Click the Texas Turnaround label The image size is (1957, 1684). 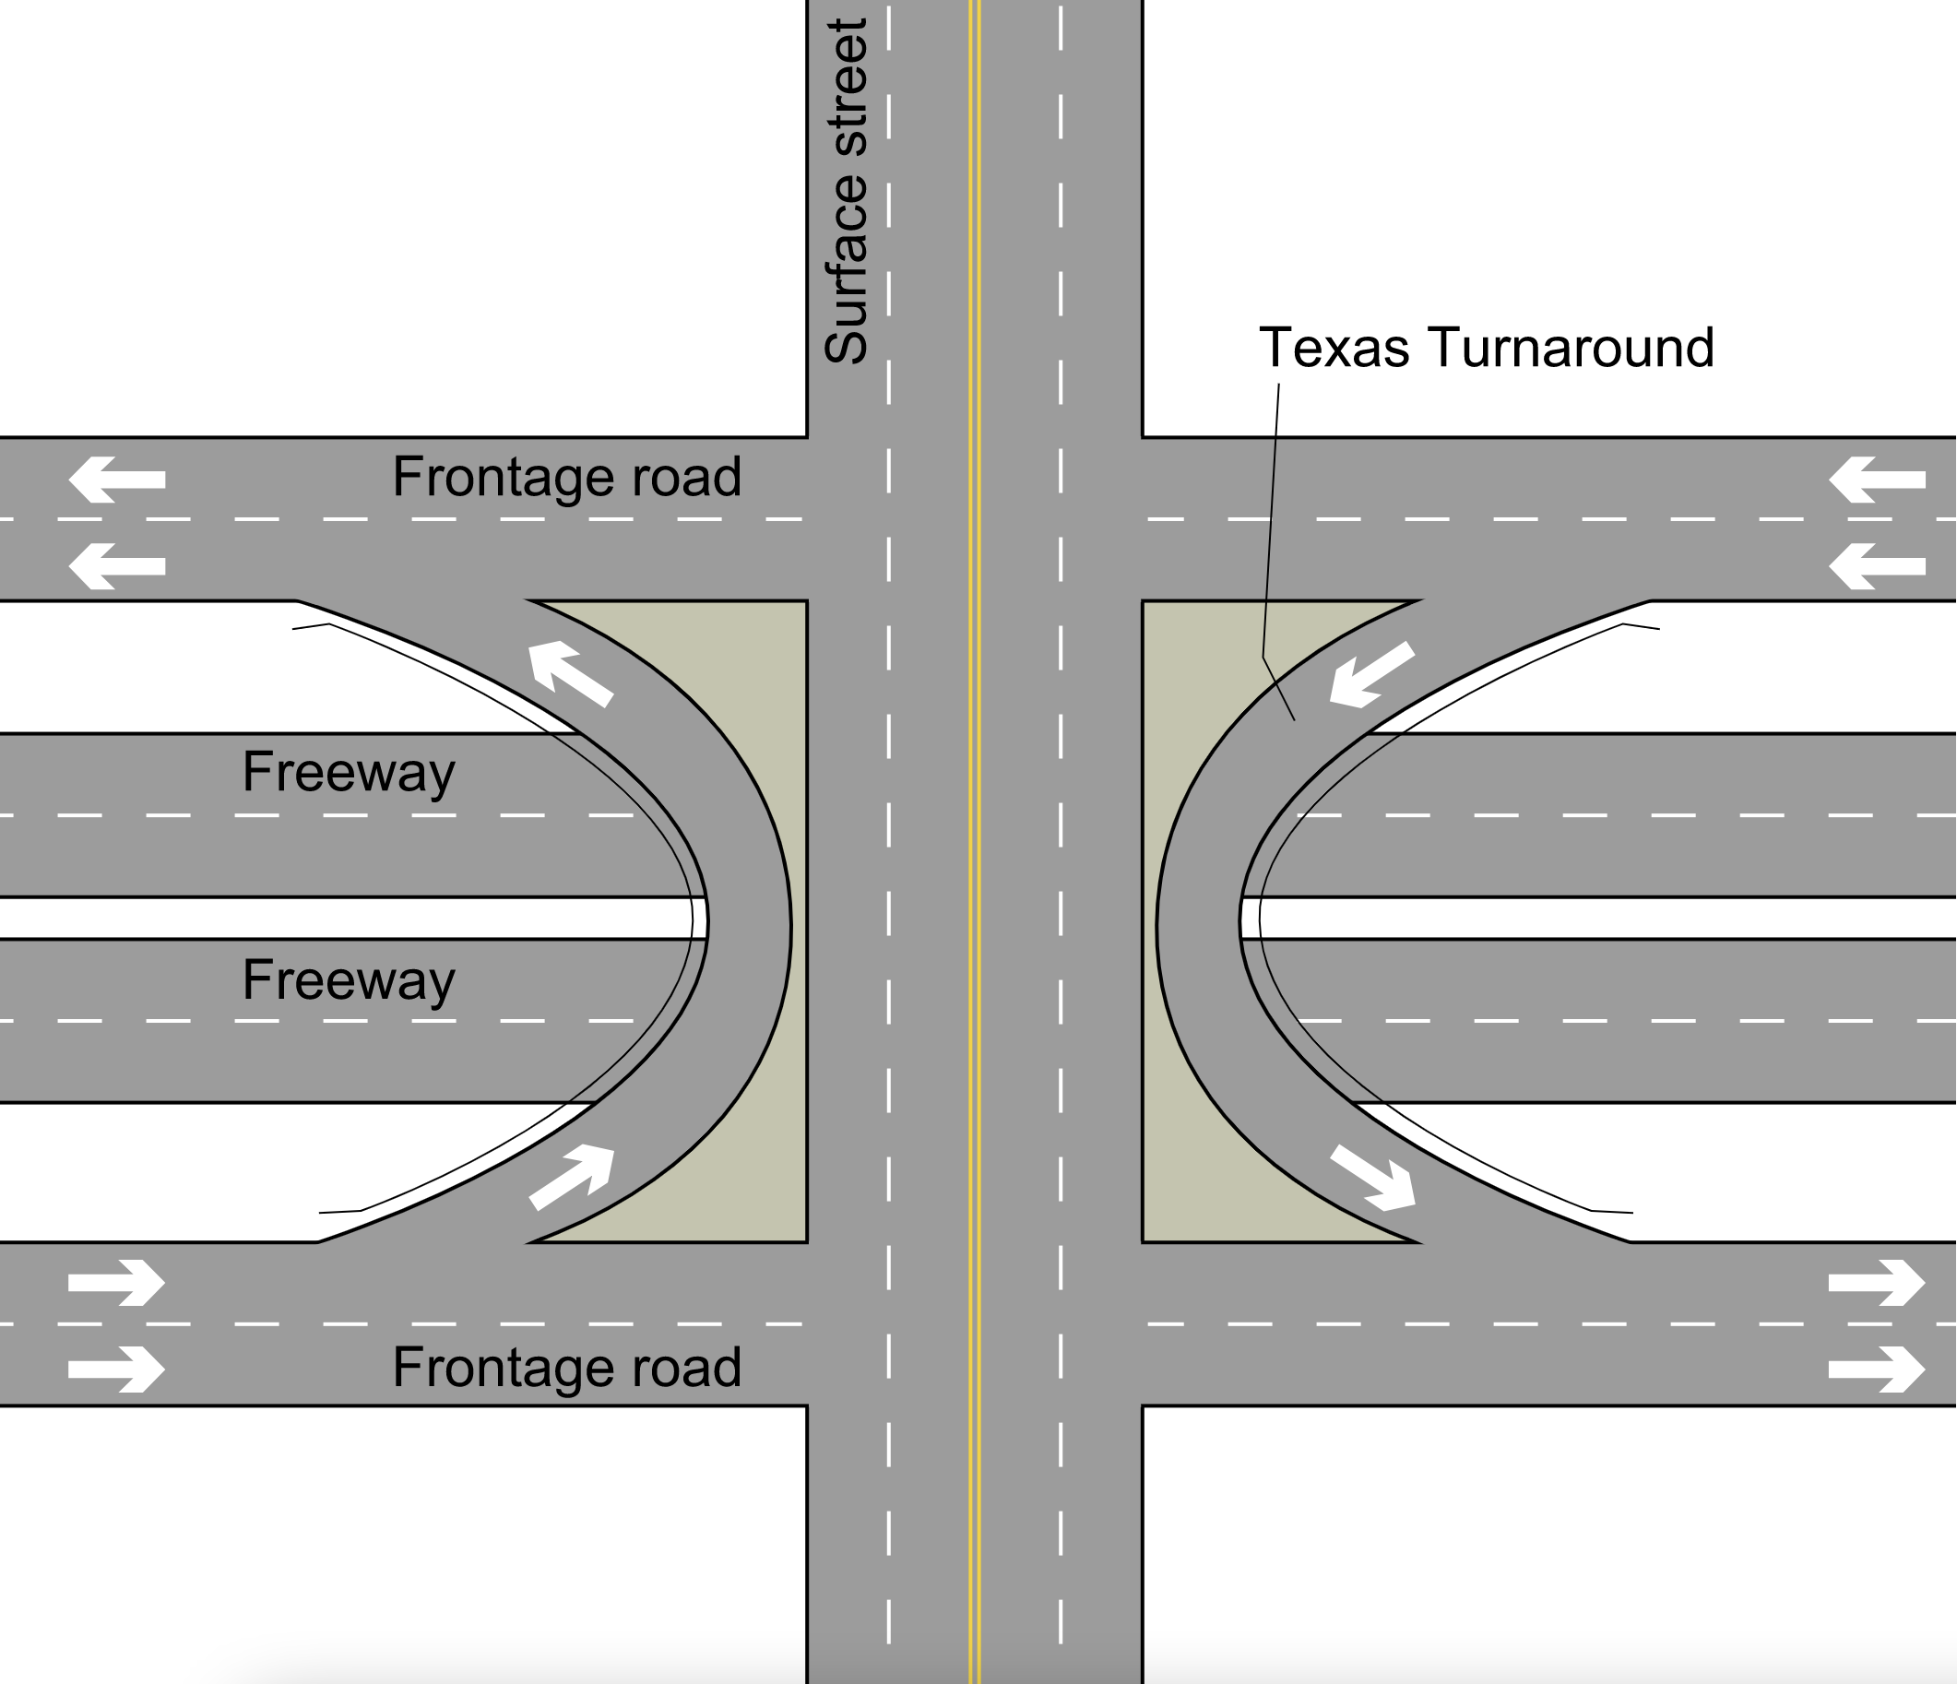pyautogui.click(x=1486, y=348)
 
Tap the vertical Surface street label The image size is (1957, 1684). pyautogui.click(x=846, y=192)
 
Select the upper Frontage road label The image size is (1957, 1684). pyautogui.click(x=566, y=477)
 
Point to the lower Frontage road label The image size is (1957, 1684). pyautogui.click(x=566, y=1367)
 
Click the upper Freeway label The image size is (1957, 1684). pyautogui.click(x=349, y=773)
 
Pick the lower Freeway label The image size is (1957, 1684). pyautogui.click(x=349, y=980)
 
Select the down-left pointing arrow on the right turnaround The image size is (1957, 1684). pyautogui.click(x=1371, y=674)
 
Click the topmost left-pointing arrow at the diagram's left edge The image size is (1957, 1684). pyautogui.click(x=117, y=480)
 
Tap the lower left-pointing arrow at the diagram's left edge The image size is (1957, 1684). pyautogui.click(x=117, y=566)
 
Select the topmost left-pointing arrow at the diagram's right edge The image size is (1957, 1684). pyautogui.click(x=1877, y=480)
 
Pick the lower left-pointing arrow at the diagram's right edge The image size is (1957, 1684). pyautogui.click(x=1877, y=566)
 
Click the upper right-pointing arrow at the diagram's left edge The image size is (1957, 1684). pyautogui.click(x=117, y=1283)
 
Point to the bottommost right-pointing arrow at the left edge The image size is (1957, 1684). pyautogui.click(x=117, y=1370)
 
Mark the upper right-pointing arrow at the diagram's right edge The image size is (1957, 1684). pyautogui.click(x=1877, y=1283)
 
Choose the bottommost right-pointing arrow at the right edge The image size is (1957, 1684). pyautogui.click(x=1877, y=1370)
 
